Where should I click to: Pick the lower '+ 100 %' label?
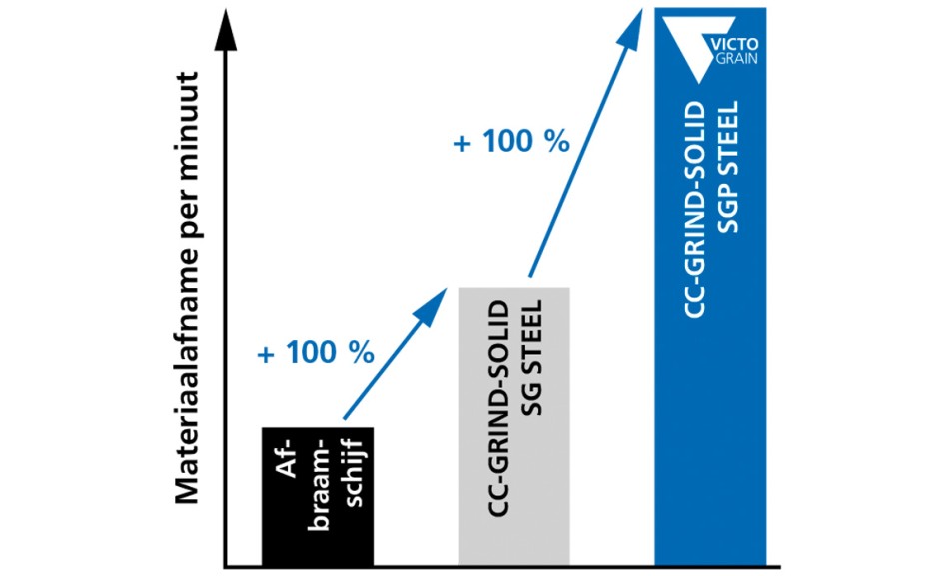click(x=315, y=353)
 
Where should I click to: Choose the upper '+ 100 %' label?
click(x=510, y=141)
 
